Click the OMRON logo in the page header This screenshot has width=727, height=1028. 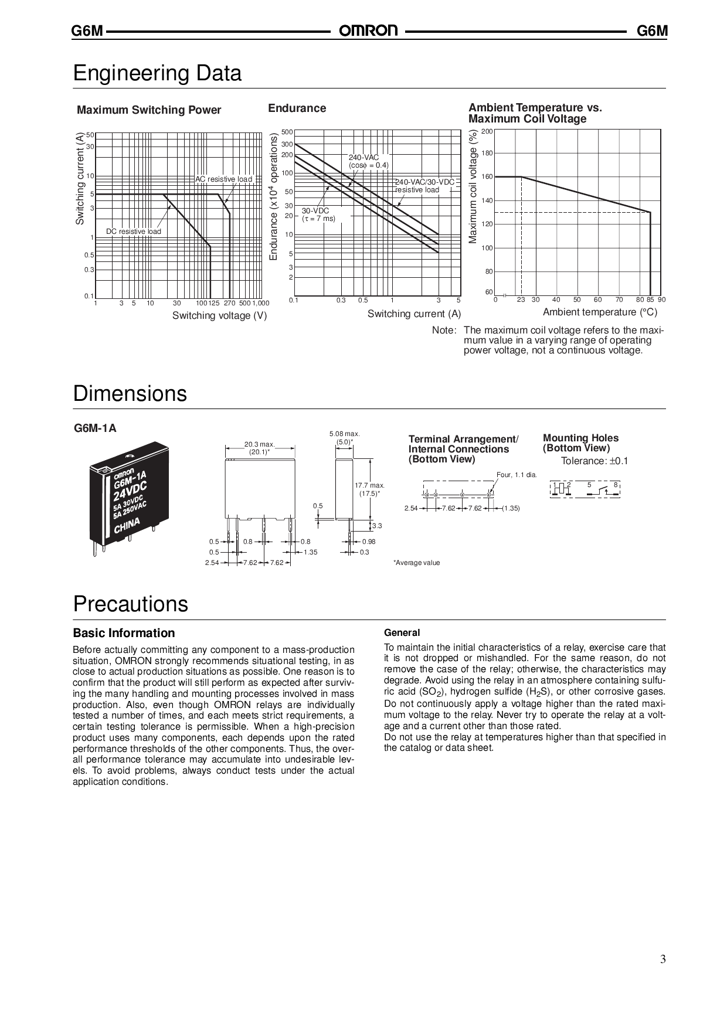pos(368,30)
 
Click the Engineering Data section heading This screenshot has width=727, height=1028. pos(157,74)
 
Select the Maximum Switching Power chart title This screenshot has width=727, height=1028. pos(149,110)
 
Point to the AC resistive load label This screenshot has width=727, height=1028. pos(223,179)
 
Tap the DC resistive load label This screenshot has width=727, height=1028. pos(133,232)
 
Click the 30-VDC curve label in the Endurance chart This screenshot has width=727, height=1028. pos(315,210)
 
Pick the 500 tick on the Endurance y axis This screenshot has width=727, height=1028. pos(287,132)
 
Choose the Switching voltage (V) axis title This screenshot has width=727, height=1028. pos(219,316)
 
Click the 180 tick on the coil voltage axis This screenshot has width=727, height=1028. pos(487,154)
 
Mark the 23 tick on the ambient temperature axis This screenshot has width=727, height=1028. pos(521,300)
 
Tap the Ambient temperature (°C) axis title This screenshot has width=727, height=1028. pos(600,312)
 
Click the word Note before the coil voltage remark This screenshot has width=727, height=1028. pos(444,331)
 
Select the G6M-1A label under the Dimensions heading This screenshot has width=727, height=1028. pos(95,428)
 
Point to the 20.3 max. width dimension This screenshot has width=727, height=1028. pos(259,444)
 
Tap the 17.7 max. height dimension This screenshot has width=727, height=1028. pos(369,485)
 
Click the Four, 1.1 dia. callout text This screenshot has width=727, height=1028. pos(516,475)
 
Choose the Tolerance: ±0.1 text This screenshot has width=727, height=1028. pos(594,461)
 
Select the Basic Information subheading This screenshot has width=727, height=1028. pos(124,633)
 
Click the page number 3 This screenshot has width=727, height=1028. pos(663,959)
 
